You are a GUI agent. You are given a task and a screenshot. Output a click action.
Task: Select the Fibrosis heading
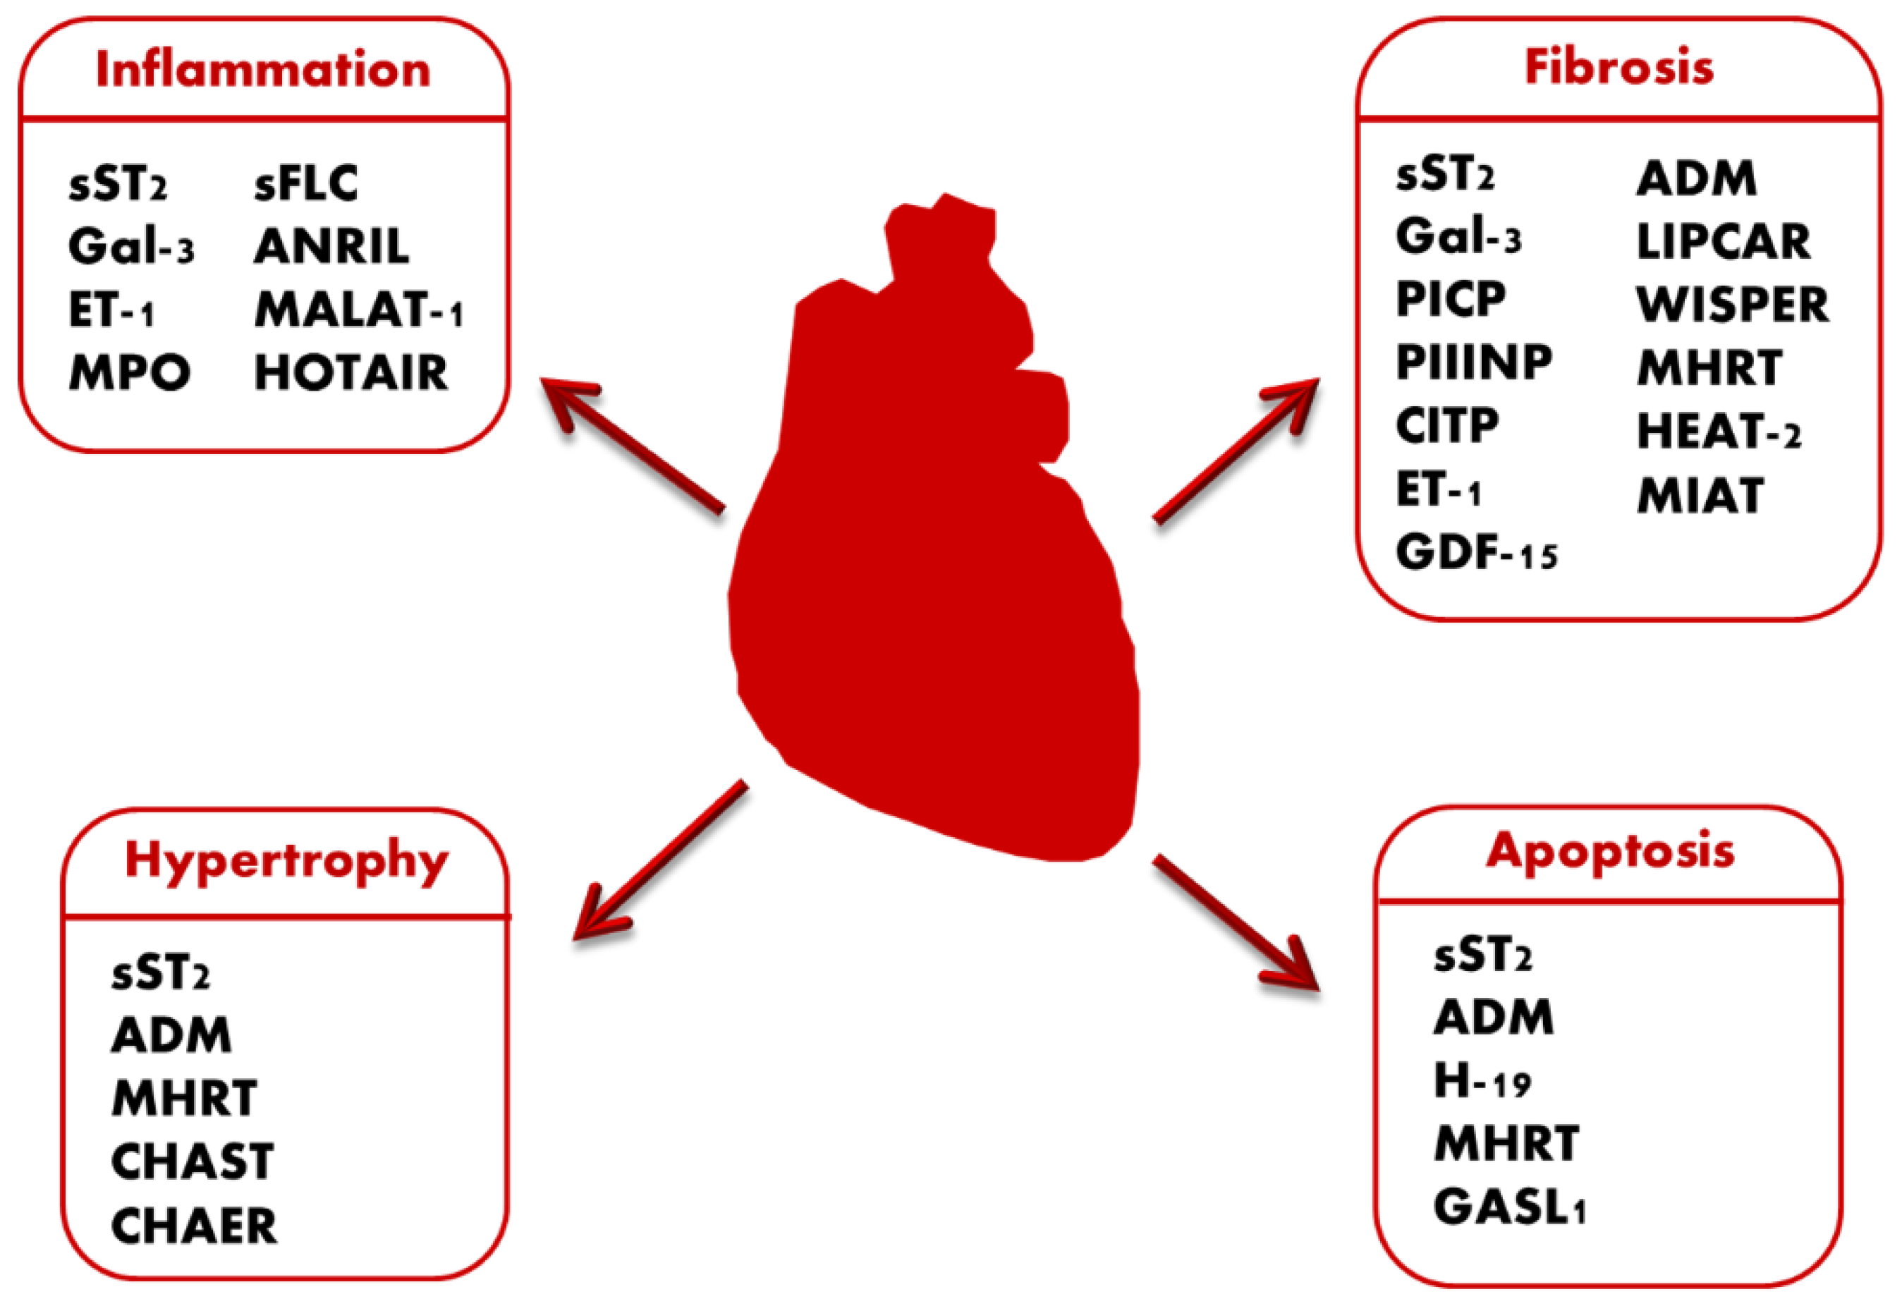pos(1618,66)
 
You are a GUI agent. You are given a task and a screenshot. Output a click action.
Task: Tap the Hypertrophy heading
pos(286,862)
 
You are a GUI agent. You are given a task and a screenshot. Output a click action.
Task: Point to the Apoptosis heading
pos(1610,852)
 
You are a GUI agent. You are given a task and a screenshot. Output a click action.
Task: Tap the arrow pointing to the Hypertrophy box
pos(659,860)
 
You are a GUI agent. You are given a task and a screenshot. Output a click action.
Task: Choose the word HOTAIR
pos(351,373)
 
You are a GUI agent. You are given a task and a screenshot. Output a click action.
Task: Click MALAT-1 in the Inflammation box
pos(358,310)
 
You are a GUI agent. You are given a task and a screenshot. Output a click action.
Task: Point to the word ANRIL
pos(331,246)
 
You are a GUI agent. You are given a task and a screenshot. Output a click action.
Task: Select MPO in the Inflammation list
pos(129,373)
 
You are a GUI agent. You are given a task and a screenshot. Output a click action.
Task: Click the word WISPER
pos(1733,305)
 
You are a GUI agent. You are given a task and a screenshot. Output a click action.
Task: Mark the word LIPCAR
pos(1724,243)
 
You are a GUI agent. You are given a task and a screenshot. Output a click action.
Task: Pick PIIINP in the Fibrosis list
pos(1473,362)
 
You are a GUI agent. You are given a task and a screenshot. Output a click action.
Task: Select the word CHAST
pos(193,1161)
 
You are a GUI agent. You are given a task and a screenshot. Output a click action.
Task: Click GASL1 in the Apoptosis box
pos(1509,1207)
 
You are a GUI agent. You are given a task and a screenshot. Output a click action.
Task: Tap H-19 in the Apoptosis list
pos(1482,1080)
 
